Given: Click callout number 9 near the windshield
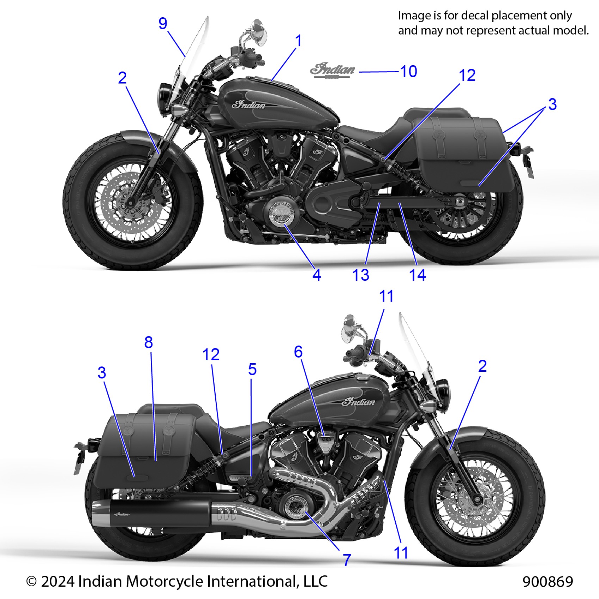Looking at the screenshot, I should point(162,24).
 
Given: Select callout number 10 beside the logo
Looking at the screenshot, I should point(409,72).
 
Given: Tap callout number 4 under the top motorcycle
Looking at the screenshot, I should point(316,275).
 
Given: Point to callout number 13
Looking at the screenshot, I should point(361,275).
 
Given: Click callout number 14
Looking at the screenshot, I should point(417,275).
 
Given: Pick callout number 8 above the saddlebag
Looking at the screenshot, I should point(148,342).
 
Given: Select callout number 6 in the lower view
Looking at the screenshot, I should point(298,352).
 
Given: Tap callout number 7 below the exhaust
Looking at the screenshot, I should point(347,560).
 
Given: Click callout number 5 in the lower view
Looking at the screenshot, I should point(252,369).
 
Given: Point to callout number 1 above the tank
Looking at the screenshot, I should point(298,41).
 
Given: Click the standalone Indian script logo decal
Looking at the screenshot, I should point(333,70).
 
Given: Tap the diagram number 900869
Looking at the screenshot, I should point(548,581).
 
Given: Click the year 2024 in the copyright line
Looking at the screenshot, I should point(58,581).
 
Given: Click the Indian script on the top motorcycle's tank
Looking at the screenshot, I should point(249,105).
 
